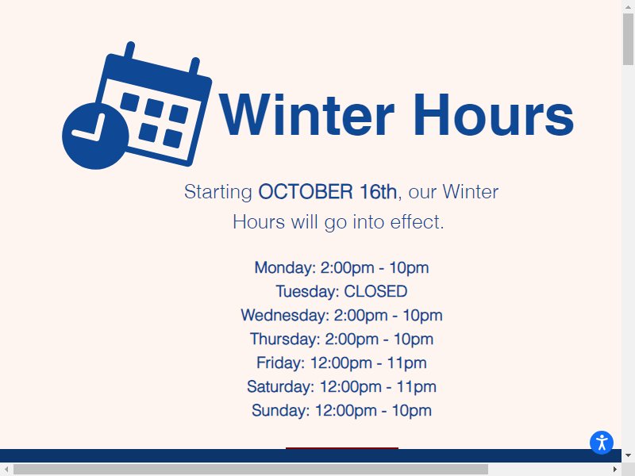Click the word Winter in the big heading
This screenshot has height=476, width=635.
tap(306, 114)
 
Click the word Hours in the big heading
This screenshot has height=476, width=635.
tap(494, 114)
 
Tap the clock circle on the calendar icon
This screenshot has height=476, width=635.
tap(95, 136)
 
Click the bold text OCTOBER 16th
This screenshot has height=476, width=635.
tap(327, 191)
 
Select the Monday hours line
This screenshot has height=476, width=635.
tap(341, 267)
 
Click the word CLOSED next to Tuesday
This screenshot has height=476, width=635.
tap(375, 291)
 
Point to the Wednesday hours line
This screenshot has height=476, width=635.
tap(341, 315)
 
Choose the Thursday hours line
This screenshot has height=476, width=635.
tap(341, 340)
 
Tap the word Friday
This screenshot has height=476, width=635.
tap(280, 363)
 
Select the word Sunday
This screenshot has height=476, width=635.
tap(280, 410)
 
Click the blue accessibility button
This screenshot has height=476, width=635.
tap(602, 443)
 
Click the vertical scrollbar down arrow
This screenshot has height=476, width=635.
tap(628, 455)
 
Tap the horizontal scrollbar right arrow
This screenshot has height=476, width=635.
tap(614, 469)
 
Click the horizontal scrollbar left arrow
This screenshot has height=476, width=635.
tap(6, 469)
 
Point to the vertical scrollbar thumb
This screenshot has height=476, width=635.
tap(628, 39)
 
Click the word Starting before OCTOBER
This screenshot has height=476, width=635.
tap(218, 191)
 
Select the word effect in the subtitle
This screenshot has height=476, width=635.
tap(417, 222)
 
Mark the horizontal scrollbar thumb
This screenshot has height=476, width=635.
tap(251, 470)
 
